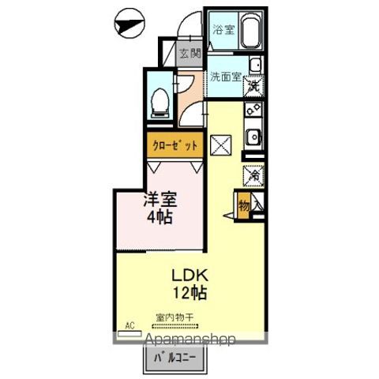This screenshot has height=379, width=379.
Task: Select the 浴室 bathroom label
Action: click(x=223, y=30)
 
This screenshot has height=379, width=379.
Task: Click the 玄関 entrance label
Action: click(x=189, y=54)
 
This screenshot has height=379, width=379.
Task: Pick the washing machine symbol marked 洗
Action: click(x=254, y=81)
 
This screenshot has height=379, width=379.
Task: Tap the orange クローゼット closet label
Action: click(x=174, y=146)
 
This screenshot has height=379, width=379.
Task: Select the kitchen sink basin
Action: click(x=254, y=137)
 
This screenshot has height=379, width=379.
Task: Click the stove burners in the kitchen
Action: click(x=254, y=111)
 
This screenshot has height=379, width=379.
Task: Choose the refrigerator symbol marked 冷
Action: click(x=255, y=174)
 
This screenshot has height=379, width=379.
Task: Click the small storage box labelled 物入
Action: click(x=244, y=205)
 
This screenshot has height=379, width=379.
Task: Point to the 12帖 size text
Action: click(x=189, y=295)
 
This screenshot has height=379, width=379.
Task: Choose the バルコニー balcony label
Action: click(x=175, y=359)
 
